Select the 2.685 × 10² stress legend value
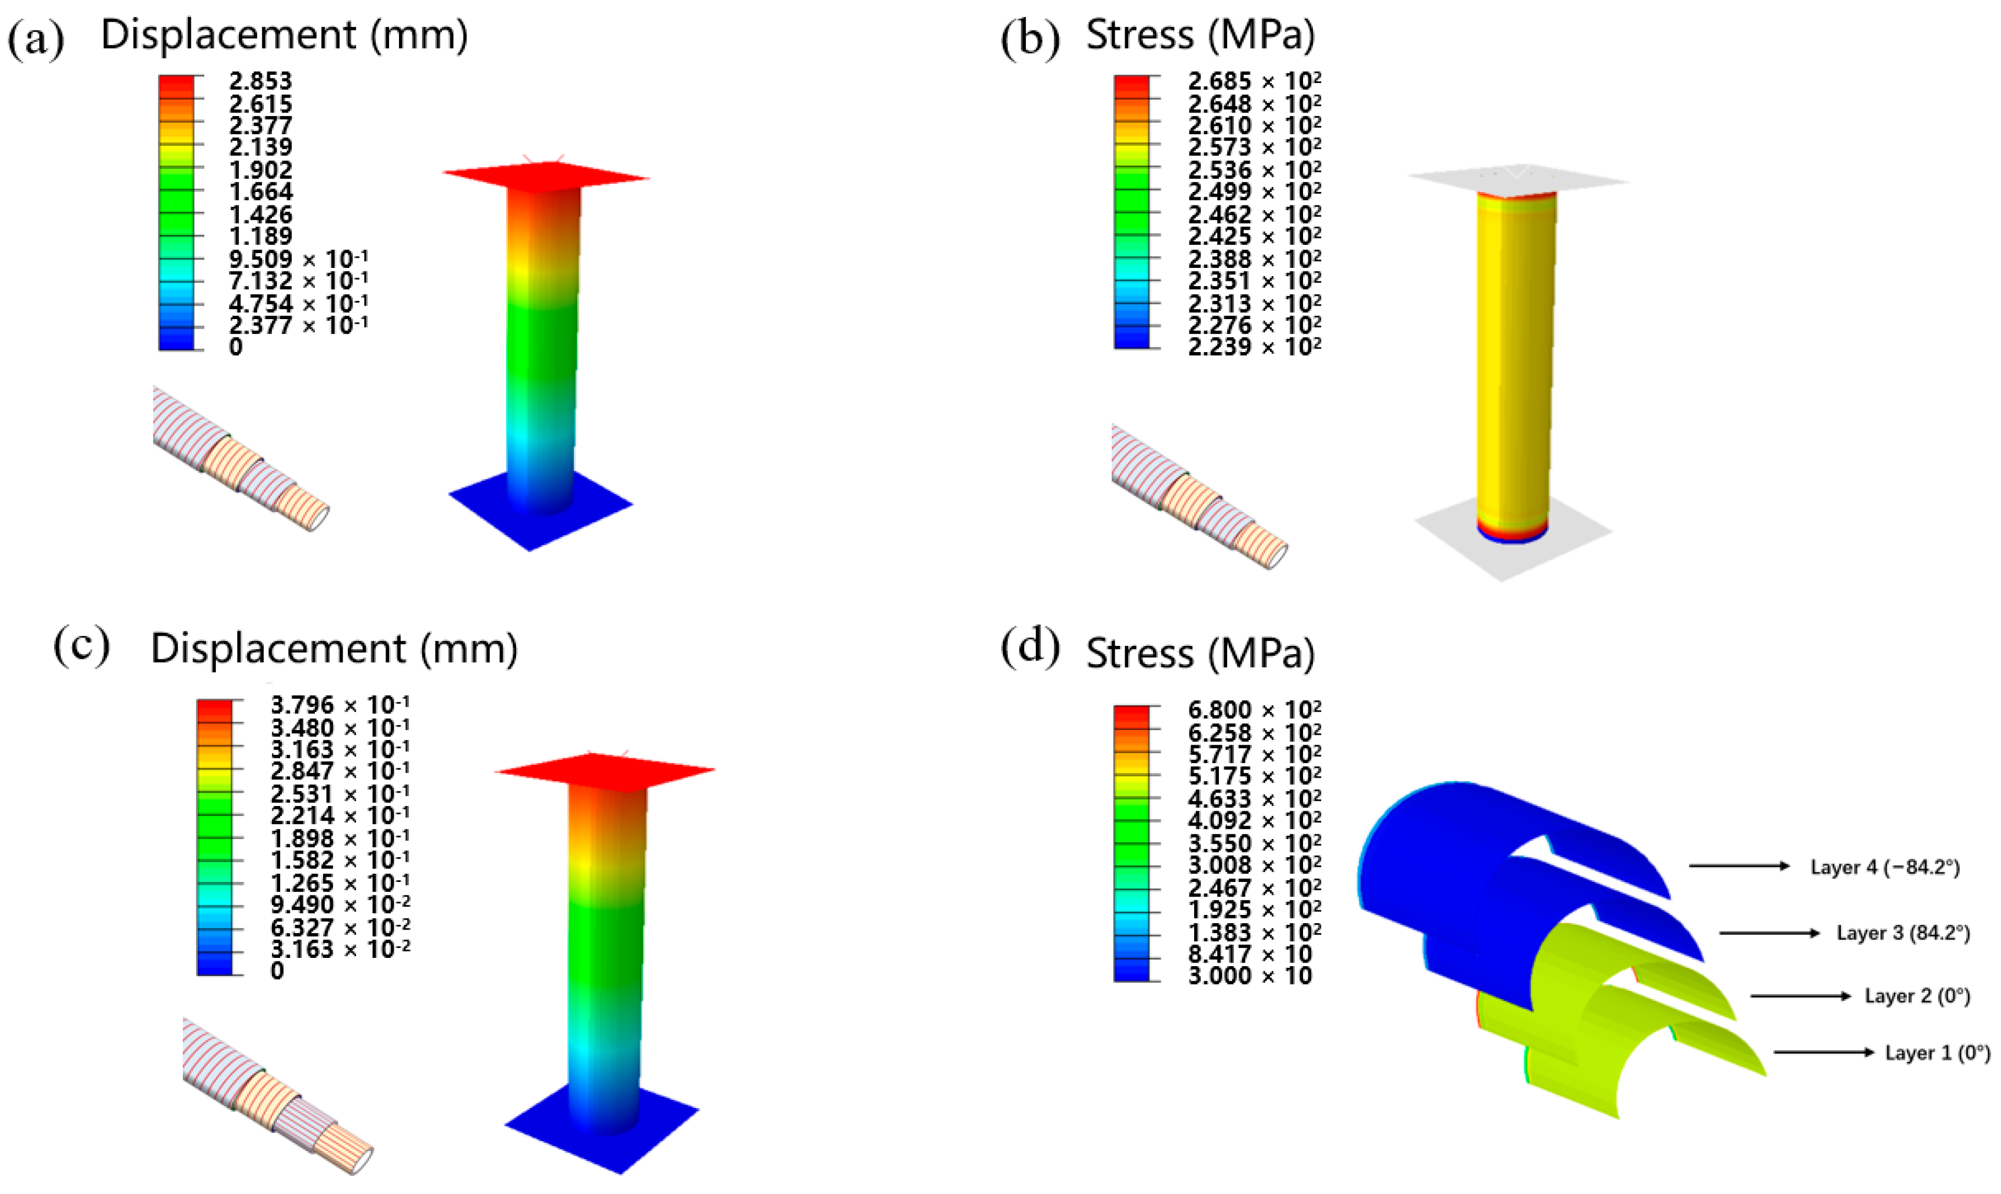1254,81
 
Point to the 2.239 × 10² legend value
1254,347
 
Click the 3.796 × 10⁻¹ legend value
340,705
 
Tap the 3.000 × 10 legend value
1249,976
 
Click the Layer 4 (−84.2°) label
1884,867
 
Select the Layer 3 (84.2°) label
1903,933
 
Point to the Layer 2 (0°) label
1917,996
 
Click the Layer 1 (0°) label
1937,1053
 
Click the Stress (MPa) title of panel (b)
1200,35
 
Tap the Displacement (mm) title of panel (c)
334,648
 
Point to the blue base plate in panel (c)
601,1126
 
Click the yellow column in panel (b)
1515,362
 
